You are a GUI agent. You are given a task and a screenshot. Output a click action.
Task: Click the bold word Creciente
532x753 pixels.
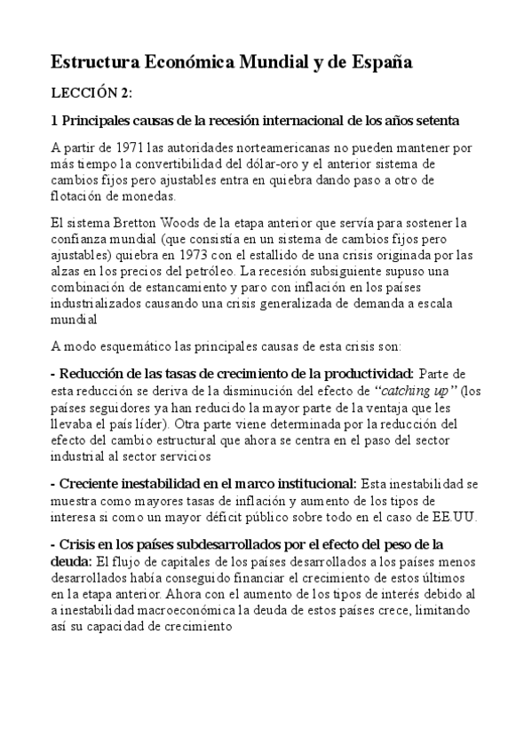[90, 485]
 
